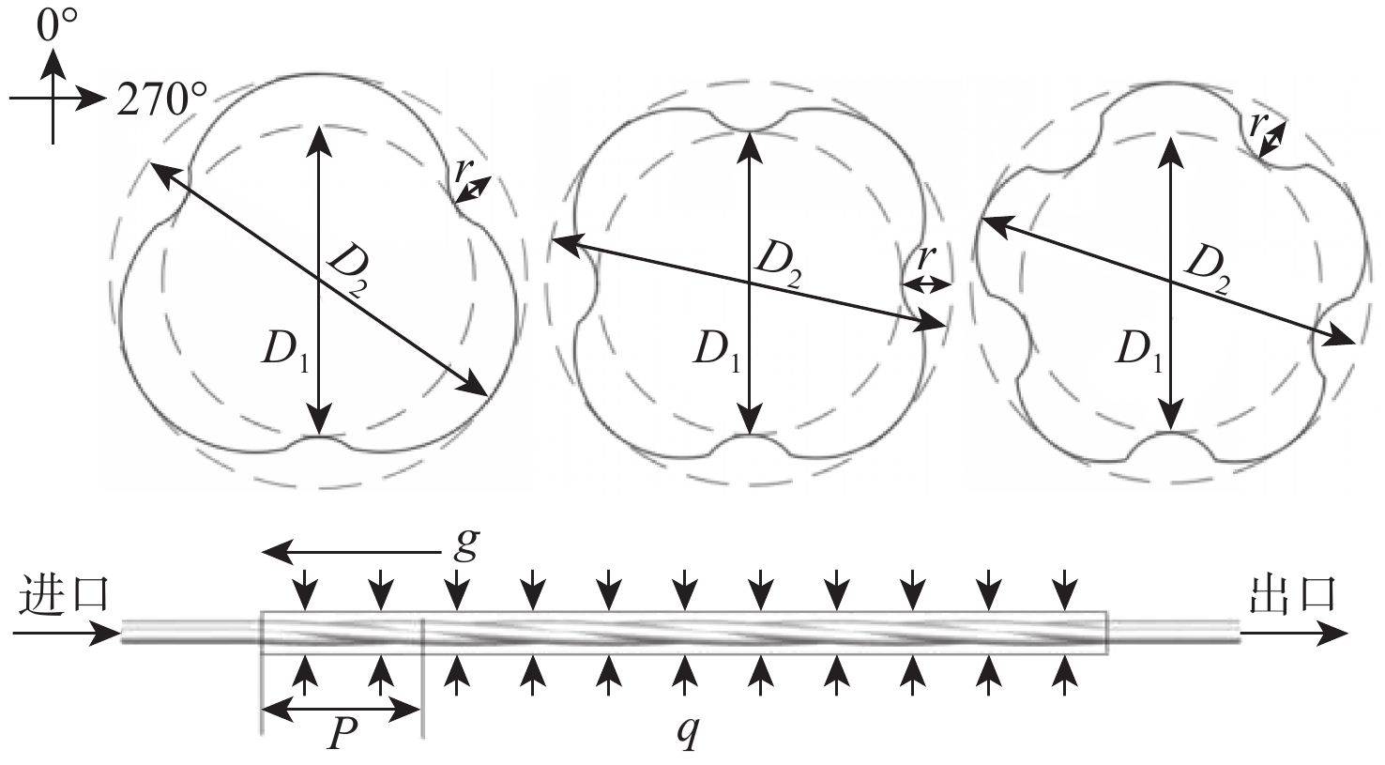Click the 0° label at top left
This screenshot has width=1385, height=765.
[x=55, y=24]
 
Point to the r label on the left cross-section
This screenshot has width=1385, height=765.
[x=462, y=170]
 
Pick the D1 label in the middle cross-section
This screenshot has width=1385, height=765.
[x=715, y=350]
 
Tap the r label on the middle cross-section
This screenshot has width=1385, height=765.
[x=926, y=256]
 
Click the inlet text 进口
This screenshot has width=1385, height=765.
[x=64, y=595]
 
